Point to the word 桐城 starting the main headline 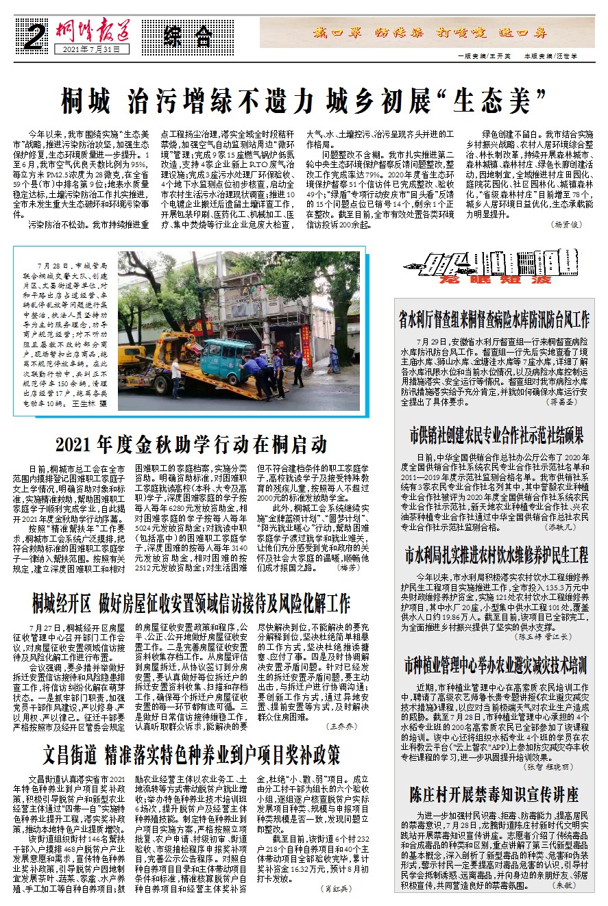point(85,102)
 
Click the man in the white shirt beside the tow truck point(175,377)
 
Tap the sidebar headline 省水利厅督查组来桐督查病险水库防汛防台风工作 point(494,319)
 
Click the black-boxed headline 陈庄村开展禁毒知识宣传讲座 point(494,794)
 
